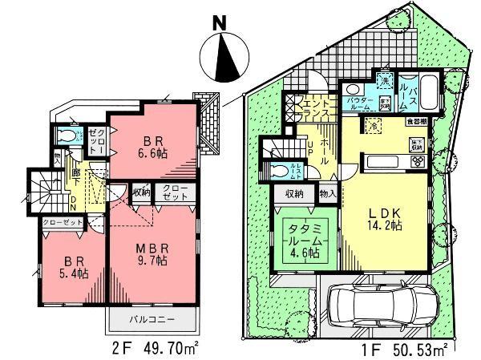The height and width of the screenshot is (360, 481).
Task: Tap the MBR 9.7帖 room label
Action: pos(150,254)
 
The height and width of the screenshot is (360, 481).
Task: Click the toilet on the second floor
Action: pos(69,137)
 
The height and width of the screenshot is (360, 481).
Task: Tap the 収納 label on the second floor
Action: pos(141,192)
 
